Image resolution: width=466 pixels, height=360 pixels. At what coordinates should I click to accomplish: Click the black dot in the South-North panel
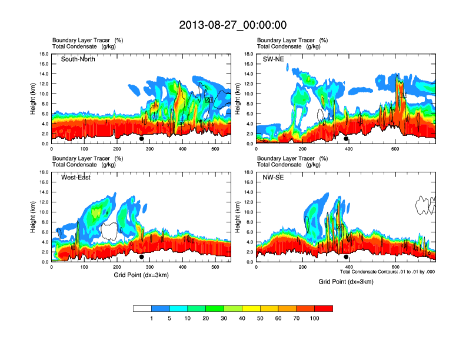pyautogui.click(x=142, y=139)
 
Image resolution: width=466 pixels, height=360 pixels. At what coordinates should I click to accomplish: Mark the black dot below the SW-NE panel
pyautogui.click(x=347, y=139)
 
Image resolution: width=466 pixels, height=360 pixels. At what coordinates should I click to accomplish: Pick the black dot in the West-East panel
pyautogui.click(x=142, y=257)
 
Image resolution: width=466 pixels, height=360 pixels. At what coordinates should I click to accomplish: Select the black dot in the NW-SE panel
pyautogui.click(x=347, y=257)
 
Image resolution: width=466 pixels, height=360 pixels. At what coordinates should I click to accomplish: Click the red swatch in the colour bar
pyautogui.click(x=324, y=308)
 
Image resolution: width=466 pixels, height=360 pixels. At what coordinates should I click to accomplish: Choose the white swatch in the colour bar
pyautogui.click(x=142, y=308)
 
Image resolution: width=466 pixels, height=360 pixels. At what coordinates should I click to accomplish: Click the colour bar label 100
pyautogui.click(x=315, y=318)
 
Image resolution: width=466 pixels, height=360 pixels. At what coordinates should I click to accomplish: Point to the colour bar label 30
pyautogui.click(x=224, y=318)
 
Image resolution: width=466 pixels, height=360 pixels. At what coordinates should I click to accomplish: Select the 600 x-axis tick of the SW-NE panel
pyautogui.click(x=394, y=149)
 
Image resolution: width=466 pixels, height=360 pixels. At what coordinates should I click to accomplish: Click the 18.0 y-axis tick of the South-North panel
pyautogui.click(x=44, y=54)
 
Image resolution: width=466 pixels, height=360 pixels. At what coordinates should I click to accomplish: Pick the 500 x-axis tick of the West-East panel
pyautogui.click(x=215, y=267)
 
